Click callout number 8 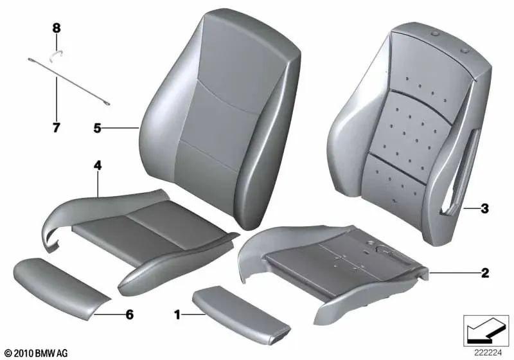[56, 28]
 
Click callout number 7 [56, 128]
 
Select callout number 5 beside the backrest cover [97, 129]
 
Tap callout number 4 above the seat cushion [98, 165]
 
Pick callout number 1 [177, 314]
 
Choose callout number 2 [484, 273]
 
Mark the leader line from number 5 [121, 129]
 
